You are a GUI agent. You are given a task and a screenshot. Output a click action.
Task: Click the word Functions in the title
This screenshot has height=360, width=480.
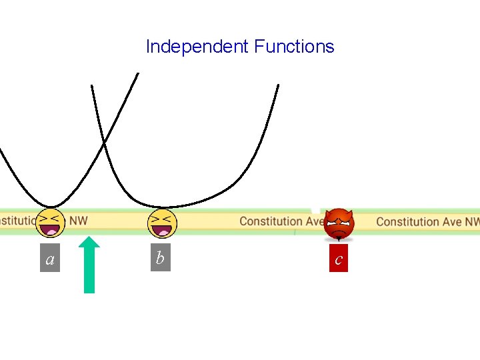294,47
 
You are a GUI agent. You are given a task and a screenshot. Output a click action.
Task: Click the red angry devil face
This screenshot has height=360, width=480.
339,224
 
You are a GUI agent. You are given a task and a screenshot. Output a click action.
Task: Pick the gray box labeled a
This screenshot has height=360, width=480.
50,259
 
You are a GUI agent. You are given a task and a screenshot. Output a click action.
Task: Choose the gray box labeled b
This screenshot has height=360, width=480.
160,258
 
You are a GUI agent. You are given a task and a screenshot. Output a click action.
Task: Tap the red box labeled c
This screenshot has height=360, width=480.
339,259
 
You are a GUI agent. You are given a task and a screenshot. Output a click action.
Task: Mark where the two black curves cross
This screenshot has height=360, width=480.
103,142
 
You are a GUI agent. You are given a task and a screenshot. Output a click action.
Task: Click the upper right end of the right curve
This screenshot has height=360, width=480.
277,85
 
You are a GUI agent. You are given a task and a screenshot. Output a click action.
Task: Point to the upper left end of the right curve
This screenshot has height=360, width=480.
92,87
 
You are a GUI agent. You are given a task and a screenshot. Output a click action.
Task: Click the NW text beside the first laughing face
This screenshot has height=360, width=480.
79,220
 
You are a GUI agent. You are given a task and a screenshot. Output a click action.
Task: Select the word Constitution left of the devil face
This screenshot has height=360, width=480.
271,221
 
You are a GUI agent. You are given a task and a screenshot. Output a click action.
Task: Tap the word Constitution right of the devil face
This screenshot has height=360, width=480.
408,221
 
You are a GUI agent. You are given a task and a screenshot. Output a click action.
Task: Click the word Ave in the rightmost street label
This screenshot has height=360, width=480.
453,221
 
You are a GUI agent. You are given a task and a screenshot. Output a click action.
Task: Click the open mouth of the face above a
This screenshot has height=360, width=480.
51,230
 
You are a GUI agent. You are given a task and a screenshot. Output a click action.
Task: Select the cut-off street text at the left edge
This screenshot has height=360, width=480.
16,219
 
